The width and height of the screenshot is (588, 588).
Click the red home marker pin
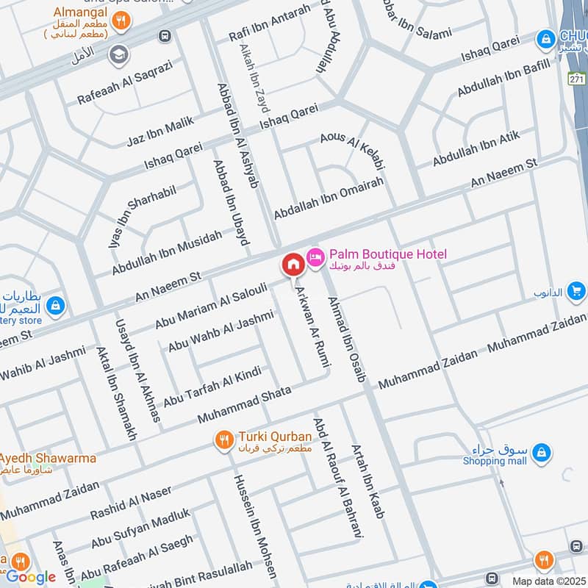293,264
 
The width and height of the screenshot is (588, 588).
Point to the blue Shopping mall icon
541,452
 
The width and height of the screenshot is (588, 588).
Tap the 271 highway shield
577,78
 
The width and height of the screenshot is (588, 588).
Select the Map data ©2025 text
548,581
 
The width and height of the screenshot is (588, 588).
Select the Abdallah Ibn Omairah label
329,197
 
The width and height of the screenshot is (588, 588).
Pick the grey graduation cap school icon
117,54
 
